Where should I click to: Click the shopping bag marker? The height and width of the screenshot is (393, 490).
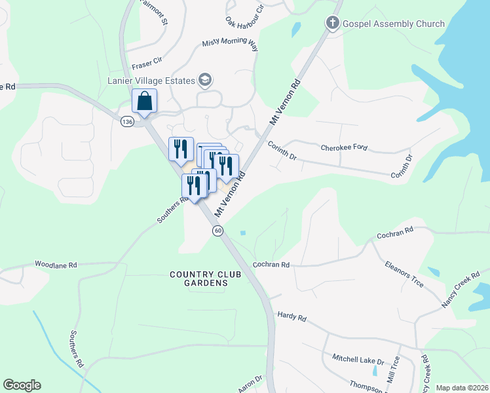click(x=144, y=102)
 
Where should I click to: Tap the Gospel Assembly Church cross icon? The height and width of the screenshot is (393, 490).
click(x=332, y=24)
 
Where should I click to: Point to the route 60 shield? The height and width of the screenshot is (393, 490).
click(x=218, y=231)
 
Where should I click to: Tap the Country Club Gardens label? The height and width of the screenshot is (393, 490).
click(x=198, y=278)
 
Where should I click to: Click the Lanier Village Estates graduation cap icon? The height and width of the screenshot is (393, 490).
click(x=205, y=81)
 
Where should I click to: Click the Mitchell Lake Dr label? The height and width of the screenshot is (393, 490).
click(x=357, y=358)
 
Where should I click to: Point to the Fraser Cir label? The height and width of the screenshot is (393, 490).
click(x=147, y=64)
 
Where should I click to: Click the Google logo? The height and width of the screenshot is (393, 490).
click(x=22, y=385)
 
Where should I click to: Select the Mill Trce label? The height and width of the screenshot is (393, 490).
click(x=393, y=376)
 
